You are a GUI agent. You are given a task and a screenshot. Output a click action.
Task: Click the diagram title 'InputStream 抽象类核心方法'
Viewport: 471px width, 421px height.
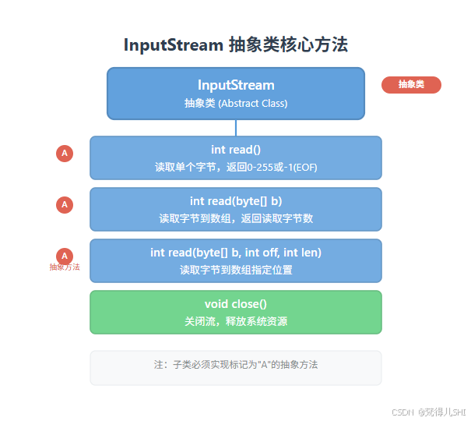[x=235, y=45]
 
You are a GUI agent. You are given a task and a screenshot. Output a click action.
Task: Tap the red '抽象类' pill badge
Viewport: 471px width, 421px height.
[x=411, y=85]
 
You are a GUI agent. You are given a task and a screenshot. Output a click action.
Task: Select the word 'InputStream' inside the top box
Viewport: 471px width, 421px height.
[x=235, y=85]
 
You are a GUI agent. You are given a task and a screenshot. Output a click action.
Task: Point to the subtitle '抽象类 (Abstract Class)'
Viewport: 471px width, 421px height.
[x=235, y=103]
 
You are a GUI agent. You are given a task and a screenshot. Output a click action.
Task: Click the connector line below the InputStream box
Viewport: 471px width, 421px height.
[x=235, y=128]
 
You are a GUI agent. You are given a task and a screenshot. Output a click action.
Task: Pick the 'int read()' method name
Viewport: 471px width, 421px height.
[x=235, y=150]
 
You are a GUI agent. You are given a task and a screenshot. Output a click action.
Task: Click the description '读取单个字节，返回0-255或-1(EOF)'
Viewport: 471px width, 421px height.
[x=235, y=167]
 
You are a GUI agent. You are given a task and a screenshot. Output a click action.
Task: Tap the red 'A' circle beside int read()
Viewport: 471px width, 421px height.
[x=65, y=153]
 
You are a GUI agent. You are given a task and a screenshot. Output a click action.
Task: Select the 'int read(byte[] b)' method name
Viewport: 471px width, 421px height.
[x=235, y=201]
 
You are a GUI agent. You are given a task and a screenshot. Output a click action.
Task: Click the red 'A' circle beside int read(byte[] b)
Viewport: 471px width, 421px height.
[x=65, y=204]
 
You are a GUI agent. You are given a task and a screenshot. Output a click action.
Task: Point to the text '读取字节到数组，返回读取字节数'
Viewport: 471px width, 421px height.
[x=235, y=218]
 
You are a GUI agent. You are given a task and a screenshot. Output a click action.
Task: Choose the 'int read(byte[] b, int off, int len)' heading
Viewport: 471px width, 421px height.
[x=235, y=253]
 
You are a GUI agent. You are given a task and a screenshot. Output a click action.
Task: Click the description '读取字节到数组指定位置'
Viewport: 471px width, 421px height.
[x=235, y=270]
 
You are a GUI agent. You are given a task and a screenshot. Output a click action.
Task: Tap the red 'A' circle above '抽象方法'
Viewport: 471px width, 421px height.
[x=65, y=255]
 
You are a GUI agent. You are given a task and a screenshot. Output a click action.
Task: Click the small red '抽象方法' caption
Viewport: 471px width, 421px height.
[x=65, y=267]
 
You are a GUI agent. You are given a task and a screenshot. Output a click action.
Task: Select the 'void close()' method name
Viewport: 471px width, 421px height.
[x=235, y=304]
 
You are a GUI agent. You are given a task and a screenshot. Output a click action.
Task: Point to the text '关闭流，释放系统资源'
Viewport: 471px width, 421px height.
[x=235, y=320]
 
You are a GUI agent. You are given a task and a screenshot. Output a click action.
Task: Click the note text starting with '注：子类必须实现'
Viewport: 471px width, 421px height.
[x=235, y=364]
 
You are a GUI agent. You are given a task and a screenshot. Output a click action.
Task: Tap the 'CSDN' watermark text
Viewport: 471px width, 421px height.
[x=401, y=411]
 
